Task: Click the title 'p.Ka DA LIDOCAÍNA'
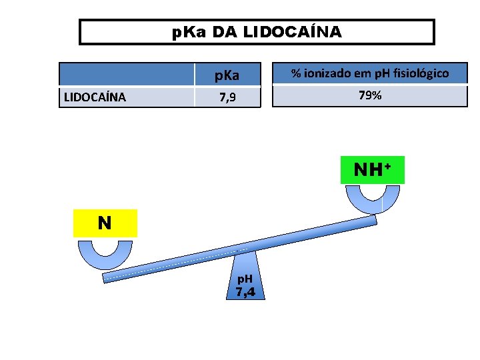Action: pos(257,32)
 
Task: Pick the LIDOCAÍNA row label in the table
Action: pos(94,97)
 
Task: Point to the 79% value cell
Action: pos(369,95)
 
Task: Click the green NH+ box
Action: pos(379,170)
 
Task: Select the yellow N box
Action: pos(105,223)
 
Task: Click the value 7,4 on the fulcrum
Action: pos(246,291)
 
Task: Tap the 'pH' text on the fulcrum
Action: pos(245,278)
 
